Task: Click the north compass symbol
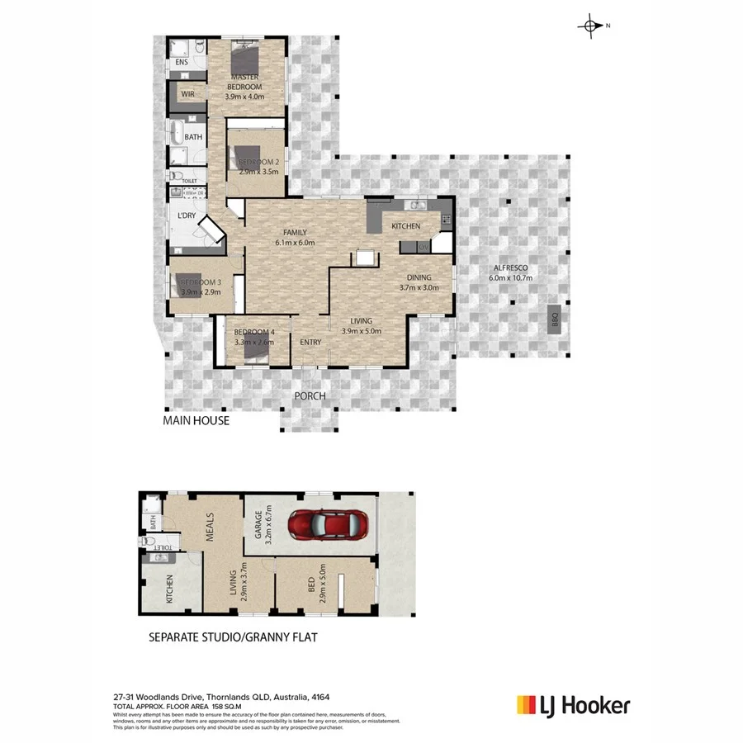coord(592,26)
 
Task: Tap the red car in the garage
coord(329,523)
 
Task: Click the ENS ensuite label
coord(182,62)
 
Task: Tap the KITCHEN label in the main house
coord(405,226)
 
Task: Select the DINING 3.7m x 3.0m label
coord(418,283)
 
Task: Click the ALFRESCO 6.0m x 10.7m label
coord(511,273)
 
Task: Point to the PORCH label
coord(310,396)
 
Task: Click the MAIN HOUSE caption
coord(196,421)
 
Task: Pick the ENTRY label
coord(310,343)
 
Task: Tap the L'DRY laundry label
coord(187,216)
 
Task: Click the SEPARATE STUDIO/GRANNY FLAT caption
coord(232,637)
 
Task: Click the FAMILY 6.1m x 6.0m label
coord(295,238)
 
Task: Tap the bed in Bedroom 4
coord(256,353)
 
